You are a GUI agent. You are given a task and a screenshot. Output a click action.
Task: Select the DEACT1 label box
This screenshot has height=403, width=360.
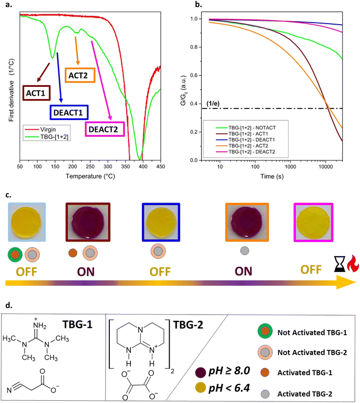point(69,112)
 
